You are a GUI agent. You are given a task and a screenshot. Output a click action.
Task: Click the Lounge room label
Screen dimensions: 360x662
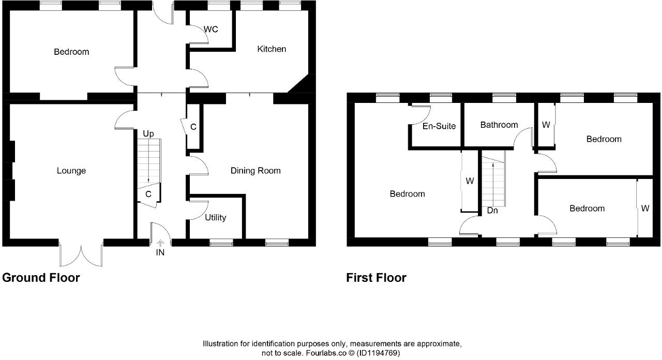71,171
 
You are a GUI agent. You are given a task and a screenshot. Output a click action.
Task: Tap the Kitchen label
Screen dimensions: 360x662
272,49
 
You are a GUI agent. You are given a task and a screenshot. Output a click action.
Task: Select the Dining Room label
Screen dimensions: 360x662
255,171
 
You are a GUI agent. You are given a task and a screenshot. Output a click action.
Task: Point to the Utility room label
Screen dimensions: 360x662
215,218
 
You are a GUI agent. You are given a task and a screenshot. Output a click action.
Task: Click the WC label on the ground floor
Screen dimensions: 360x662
210,29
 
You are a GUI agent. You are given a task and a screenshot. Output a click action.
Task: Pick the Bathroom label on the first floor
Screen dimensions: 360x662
499,125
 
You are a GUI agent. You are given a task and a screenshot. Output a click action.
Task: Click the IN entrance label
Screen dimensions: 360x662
160,253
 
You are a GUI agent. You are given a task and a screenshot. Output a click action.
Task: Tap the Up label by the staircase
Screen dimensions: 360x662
148,134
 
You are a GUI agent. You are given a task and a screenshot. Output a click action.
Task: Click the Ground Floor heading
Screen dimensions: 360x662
41,278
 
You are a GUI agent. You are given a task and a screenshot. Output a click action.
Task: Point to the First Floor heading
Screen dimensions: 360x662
376,278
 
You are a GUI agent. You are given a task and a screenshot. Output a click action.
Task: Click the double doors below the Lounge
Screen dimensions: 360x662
81,253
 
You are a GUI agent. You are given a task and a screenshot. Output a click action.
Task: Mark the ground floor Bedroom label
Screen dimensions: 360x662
71,52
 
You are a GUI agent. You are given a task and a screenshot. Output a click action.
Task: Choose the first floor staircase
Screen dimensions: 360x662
493,178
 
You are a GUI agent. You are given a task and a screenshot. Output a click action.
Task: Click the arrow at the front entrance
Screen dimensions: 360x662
160,243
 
